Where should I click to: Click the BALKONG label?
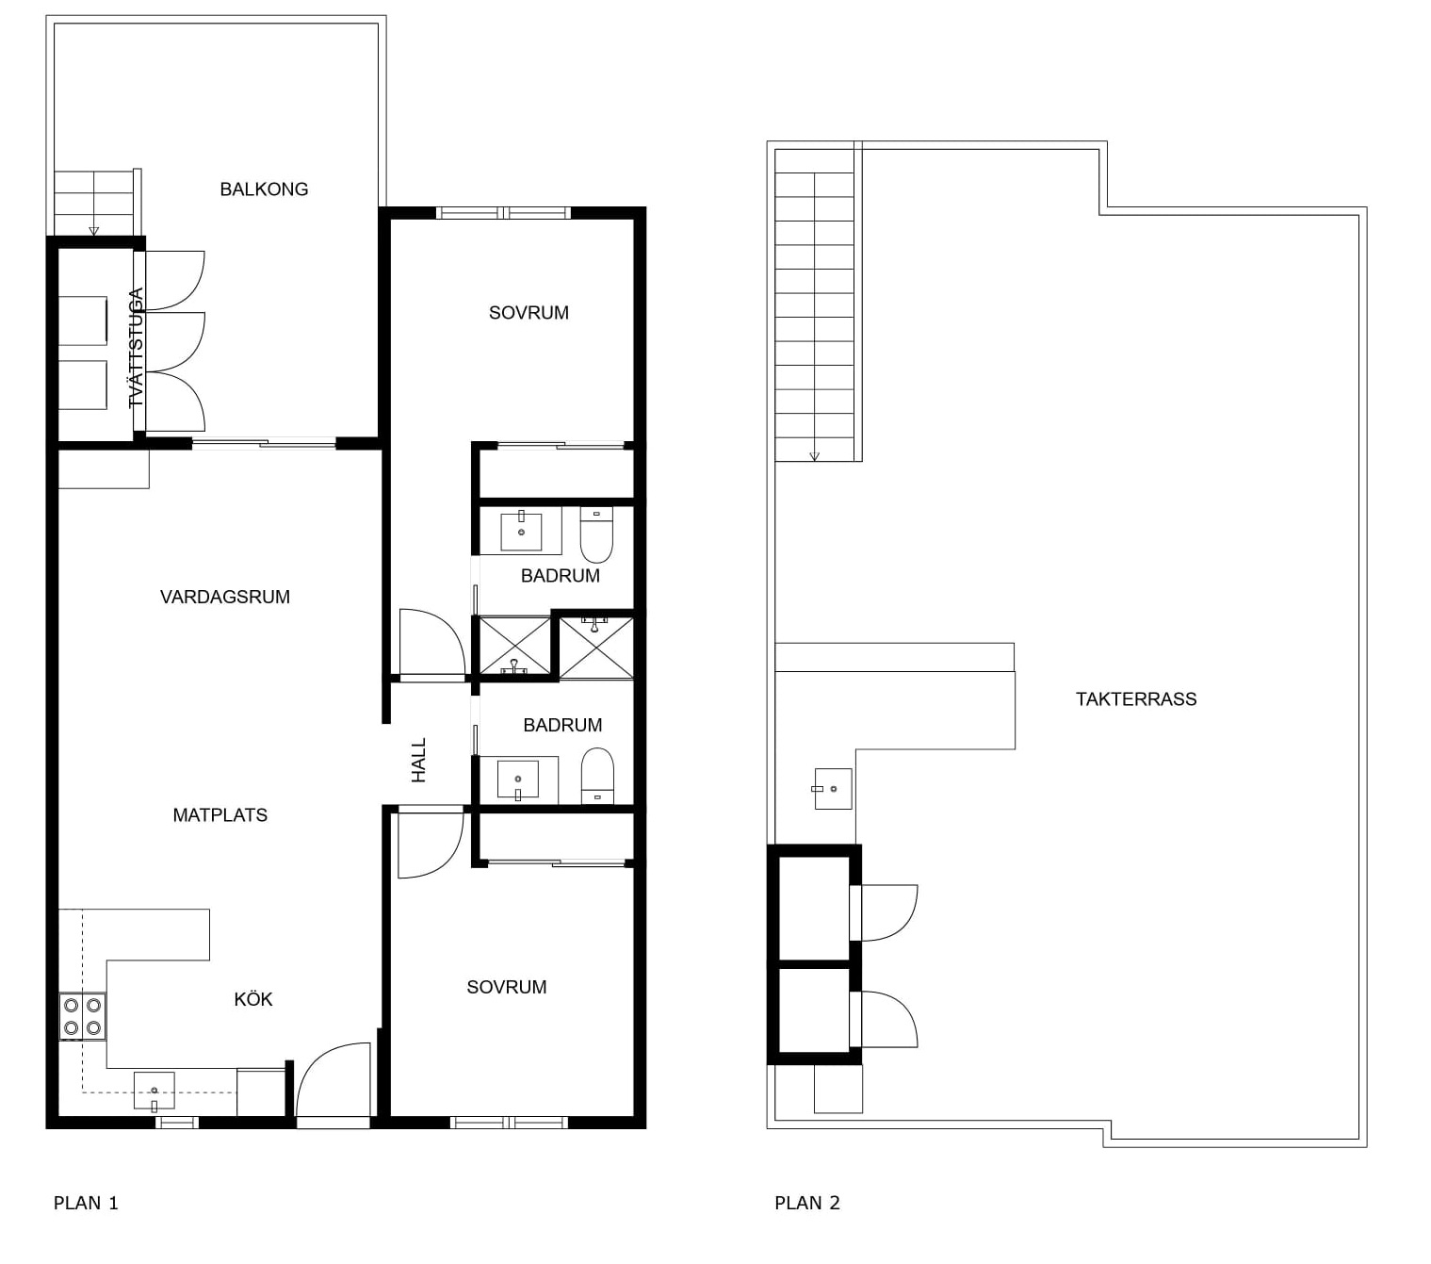[264, 189]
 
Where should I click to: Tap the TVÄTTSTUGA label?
[136, 348]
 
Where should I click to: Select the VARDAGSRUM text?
[224, 598]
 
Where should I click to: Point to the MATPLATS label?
[220, 815]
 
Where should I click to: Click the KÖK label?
[252, 999]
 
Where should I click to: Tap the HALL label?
[419, 760]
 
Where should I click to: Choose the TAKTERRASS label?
[1136, 699]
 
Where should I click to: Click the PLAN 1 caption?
[86, 1203]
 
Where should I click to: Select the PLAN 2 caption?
[806, 1203]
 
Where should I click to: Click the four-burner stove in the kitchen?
[82, 1016]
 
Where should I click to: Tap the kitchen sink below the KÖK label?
[154, 1091]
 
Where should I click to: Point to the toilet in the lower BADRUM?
[597, 777]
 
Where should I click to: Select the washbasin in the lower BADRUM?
[518, 779]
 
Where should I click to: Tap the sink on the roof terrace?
[833, 789]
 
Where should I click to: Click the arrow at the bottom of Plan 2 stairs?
[814, 456]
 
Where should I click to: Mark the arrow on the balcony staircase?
[94, 230]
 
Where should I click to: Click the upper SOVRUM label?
[528, 313]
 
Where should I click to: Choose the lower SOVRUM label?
[507, 987]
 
